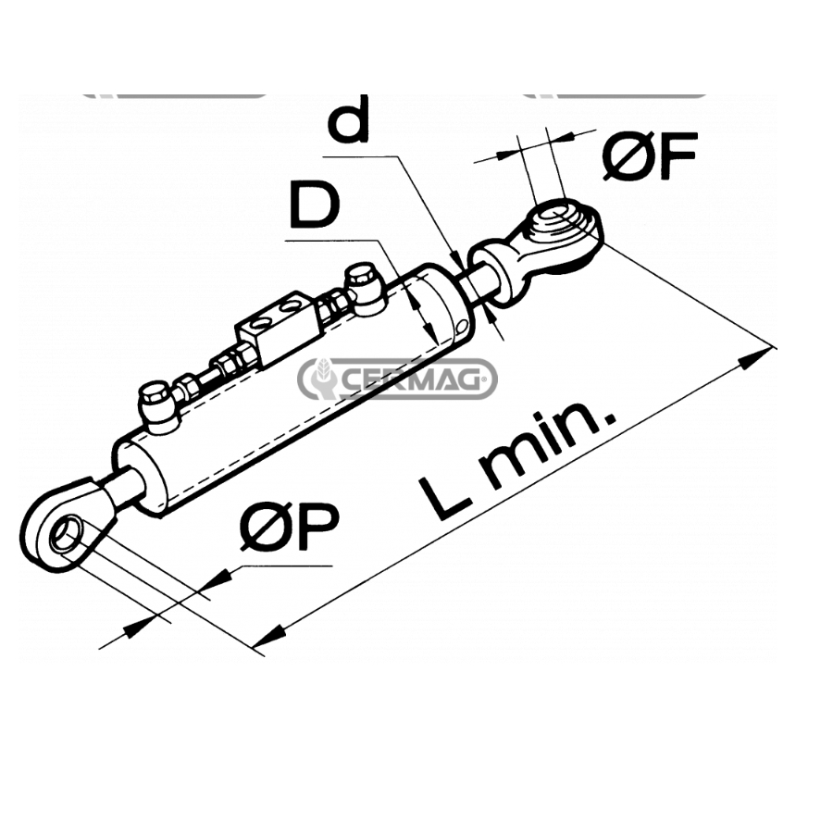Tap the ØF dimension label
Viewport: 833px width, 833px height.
[x=648, y=157]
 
